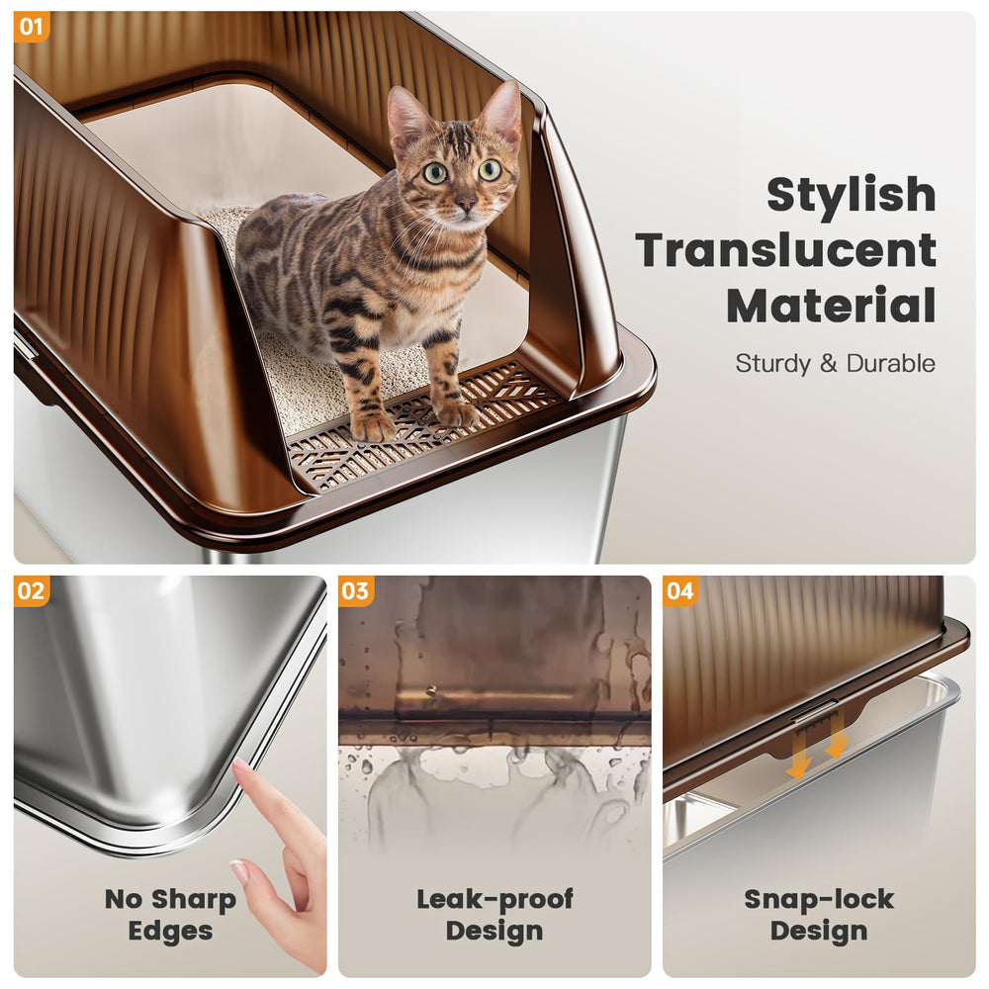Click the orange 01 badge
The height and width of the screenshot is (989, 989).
click(31, 27)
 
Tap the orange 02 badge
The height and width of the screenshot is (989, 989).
click(31, 591)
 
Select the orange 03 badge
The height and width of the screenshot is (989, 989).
click(356, 591)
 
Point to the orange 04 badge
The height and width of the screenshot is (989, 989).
click(680, 591)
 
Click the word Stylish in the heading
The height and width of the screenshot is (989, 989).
click(851, 194)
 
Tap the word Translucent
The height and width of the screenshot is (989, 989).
click(785, 250)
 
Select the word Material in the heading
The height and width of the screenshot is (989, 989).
click(831, 306)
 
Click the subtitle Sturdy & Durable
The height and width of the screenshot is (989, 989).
click(835, 363)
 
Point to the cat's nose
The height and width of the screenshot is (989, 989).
click(465, 204)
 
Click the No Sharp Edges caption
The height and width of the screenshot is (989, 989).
click(170, 914)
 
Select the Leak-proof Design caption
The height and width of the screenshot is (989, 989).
click(494, 914)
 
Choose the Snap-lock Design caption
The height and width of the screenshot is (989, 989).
click(819, 914)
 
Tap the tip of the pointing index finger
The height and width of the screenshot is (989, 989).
click(240, 768)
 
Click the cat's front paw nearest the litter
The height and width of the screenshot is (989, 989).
click(373, 425)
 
